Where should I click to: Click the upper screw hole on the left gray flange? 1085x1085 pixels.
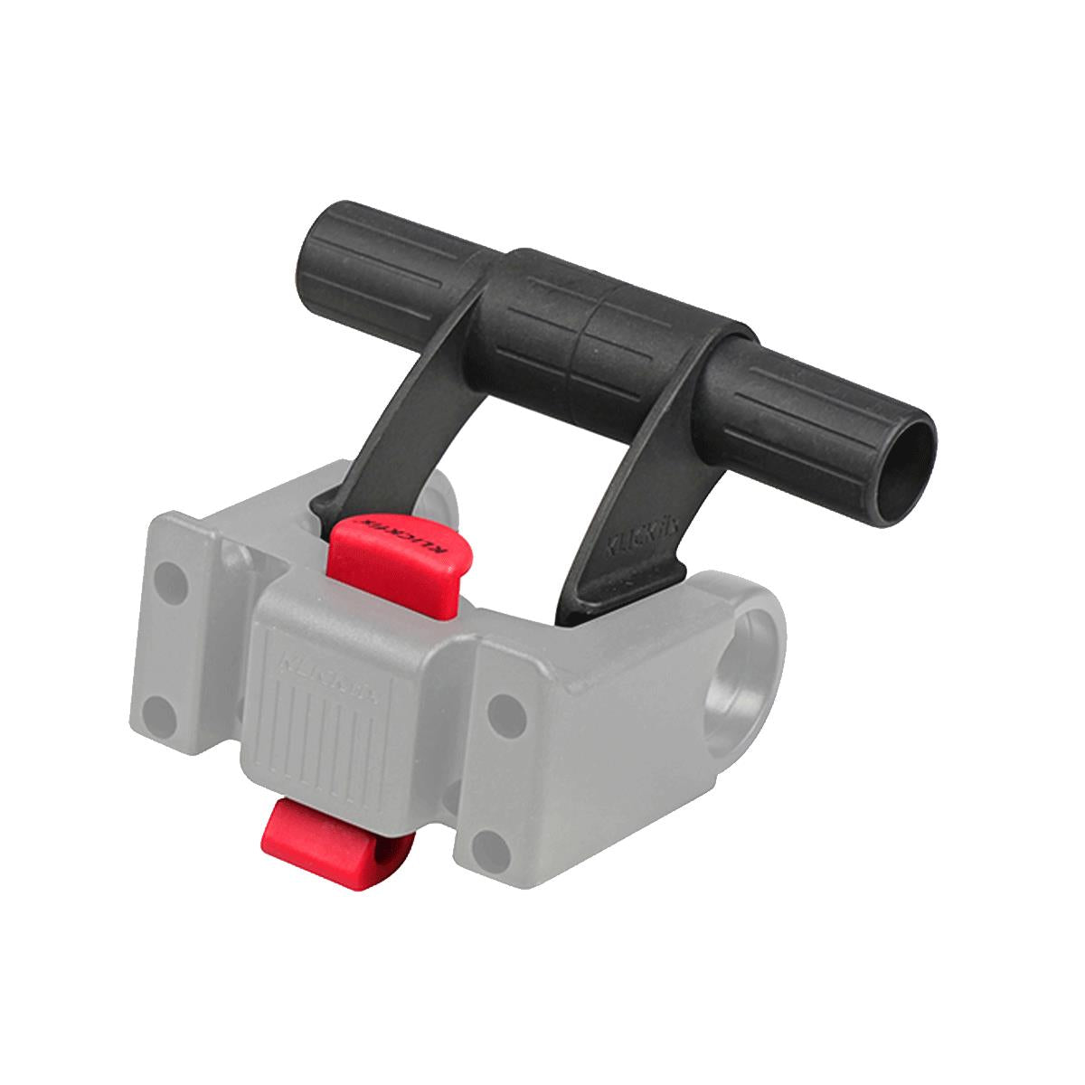click(x=166, y=575)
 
